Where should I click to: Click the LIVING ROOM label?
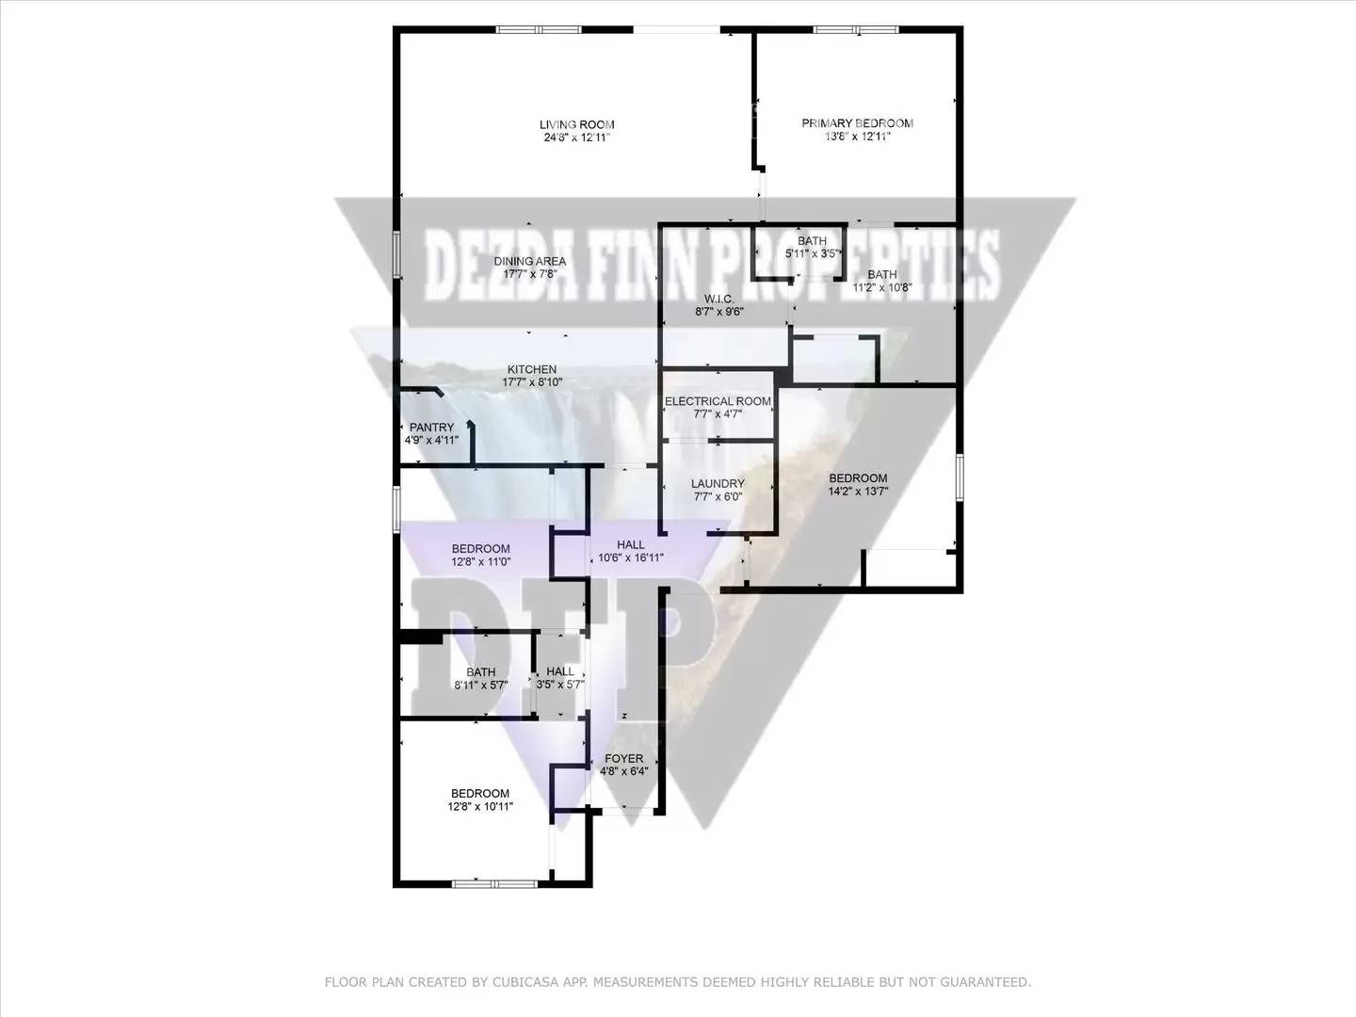pyautogui.click(x=577, y=124)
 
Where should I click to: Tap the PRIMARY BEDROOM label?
pyautogui.click(x=858, y=123)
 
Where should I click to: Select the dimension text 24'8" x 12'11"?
pyautogui.click(x=577, y=137)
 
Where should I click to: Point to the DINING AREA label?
pyautogui.click(x=530, y=261)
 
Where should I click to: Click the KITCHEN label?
pyautogui.click(x=532, y=369)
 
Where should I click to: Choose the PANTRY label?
pyautogui.click(x=432, y=428)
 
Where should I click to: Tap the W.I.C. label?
pyautogui.click(x=719, y=299)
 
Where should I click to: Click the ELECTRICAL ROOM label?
pyautogui.click(x=718, y=401)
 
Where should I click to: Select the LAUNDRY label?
pyautogui.click(x=718, y=483)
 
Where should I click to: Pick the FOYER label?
pyautogui.click(x=624, y=758)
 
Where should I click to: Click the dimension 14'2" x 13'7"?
pyautogui.click(x=858, y=492)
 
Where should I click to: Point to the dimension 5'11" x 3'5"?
pyautogui.click(x=812, y=254)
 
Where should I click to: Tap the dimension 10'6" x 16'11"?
pyautogui.click(x=631, y=558)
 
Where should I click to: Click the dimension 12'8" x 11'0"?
pyautogui.click(x=480, y=562)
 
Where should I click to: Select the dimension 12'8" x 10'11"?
pyautogui.click(x=480, y=806)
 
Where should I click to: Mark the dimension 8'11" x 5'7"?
pyautogui.click(x=481, y=685)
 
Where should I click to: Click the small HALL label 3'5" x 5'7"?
pyautogui.click(x=560, y=671)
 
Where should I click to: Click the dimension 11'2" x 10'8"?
pyautogui.click(x=882, y=287)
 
